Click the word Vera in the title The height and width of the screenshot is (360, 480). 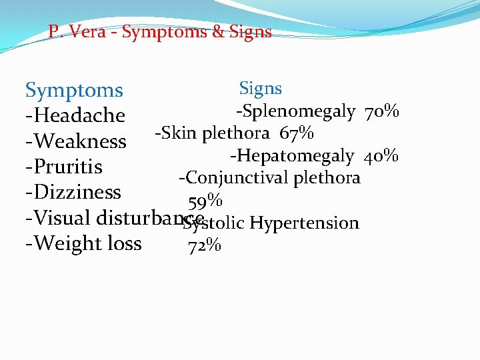[88, 32]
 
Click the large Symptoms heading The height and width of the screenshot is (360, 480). [74, 91]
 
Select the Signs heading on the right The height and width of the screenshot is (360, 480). [260, 88]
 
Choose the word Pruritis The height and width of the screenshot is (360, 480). [67, 167]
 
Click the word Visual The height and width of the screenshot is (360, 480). [63, 218]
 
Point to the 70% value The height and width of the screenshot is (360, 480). [382, 111]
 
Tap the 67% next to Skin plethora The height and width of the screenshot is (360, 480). [297, 133]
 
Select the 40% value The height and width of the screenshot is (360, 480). [381, 156]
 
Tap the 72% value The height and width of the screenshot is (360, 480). [205, 246]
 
